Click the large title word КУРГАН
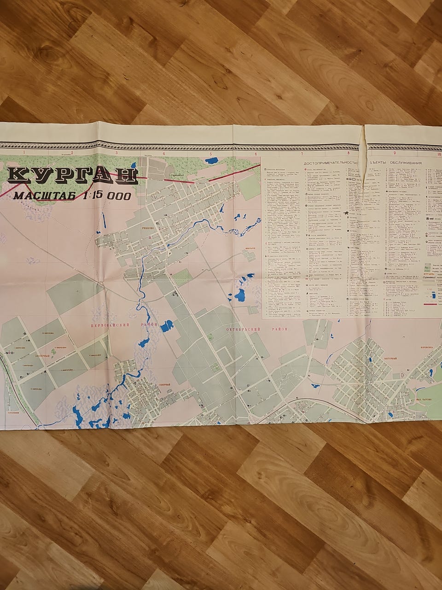coord(72,176)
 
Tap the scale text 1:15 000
coord(107,195)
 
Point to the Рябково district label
coord(148,227)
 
